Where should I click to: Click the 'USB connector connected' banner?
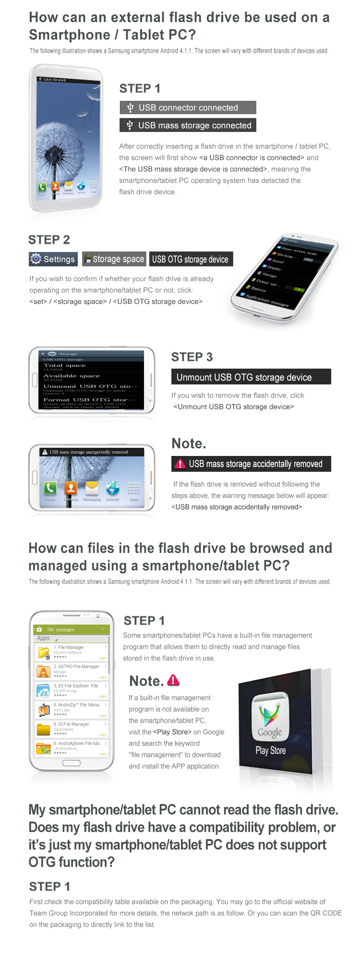[x=188, y=108]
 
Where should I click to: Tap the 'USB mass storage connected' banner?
[x=188, y=125]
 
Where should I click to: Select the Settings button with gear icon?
[x=53, y=259]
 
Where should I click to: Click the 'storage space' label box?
[x=114, y=259]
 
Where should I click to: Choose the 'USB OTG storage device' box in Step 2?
[x=191, y=259]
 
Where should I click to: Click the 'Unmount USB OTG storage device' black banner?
[x=251, y=377]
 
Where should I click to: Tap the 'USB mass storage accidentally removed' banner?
[x=251, y=464]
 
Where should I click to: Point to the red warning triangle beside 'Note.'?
[x=174, y=680]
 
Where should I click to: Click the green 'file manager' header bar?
[x=72, y=629]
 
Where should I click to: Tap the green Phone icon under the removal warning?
[x=50, y=489]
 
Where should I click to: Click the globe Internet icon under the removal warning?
[x=113, y=489]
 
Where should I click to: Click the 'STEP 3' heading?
[x=192, y=357]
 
